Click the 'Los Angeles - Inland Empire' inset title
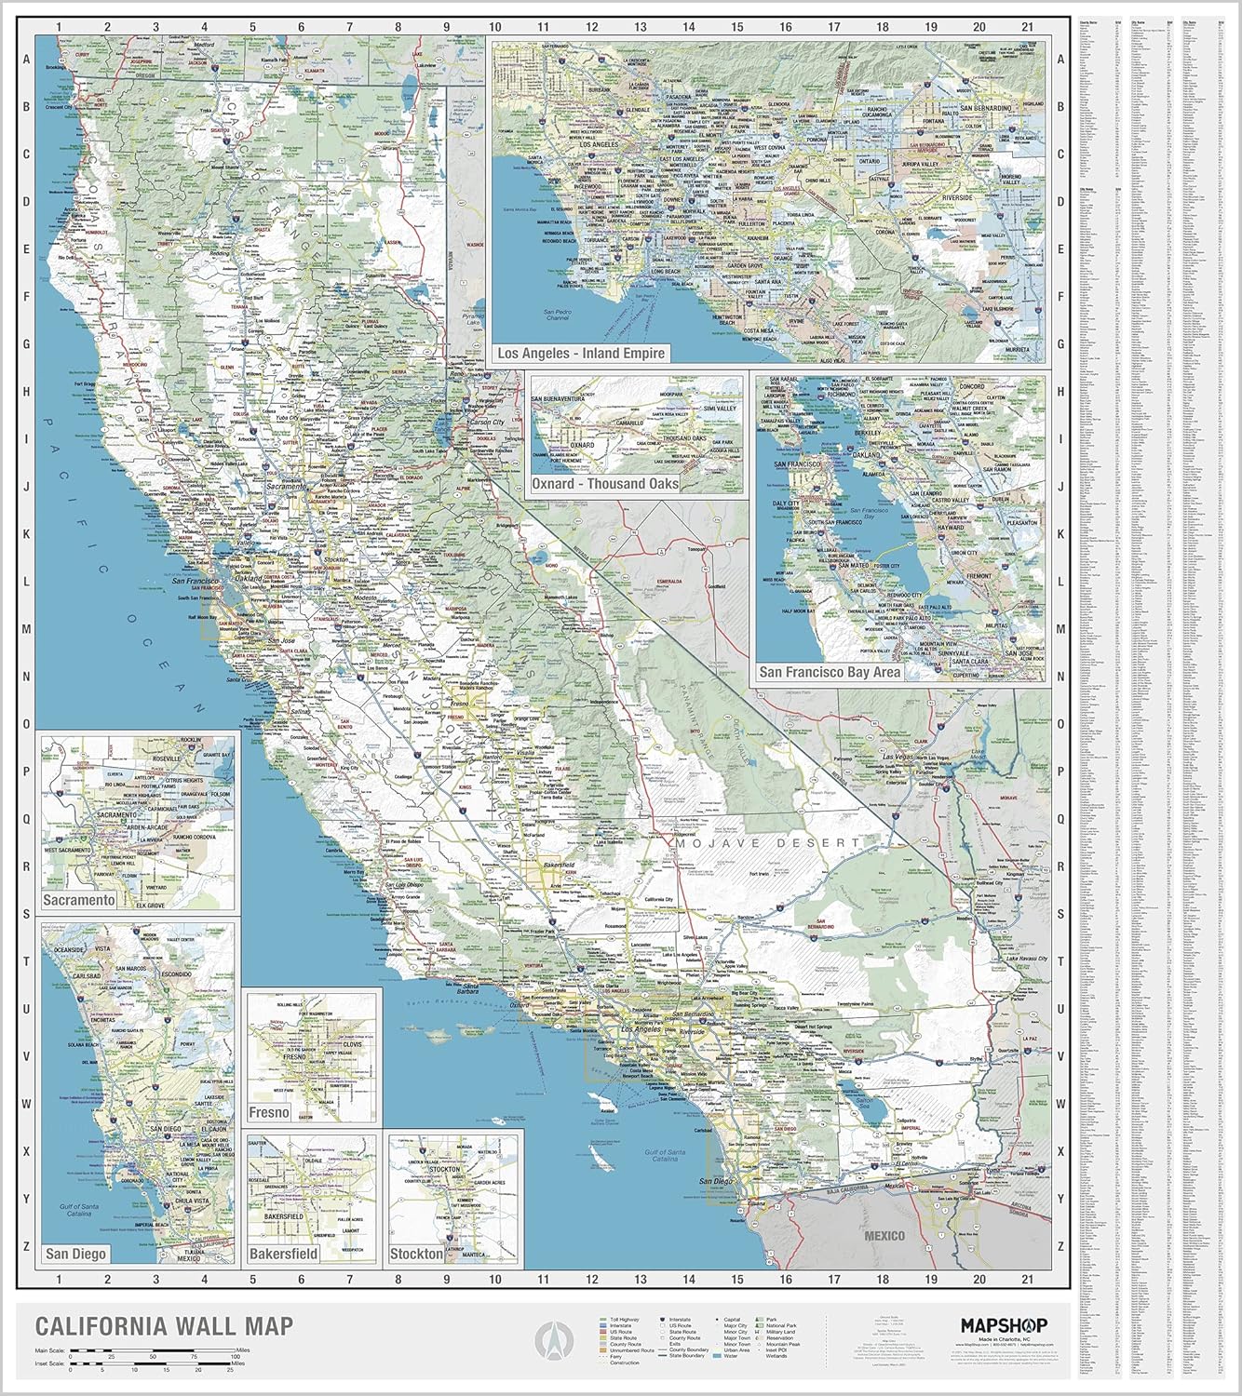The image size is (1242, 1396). pyautogui.click(x=581, y=354)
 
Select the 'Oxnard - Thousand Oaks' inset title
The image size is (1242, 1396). pyautogui.click(x=604, y=484)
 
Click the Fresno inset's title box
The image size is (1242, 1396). pyautogui.click(x=269, y=1112)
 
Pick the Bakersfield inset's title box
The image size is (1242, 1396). pyautogui.click(x=284, y=1254)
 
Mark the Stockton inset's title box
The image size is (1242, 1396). pyautogui.click(x=416, y=1254)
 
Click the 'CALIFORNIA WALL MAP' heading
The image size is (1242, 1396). pyautogui.click(x=164, y=1325)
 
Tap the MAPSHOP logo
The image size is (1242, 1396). pyautogui.click(x=1004, y=1324)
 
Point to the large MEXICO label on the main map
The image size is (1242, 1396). pyautogui.click(x=884, y=1235)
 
